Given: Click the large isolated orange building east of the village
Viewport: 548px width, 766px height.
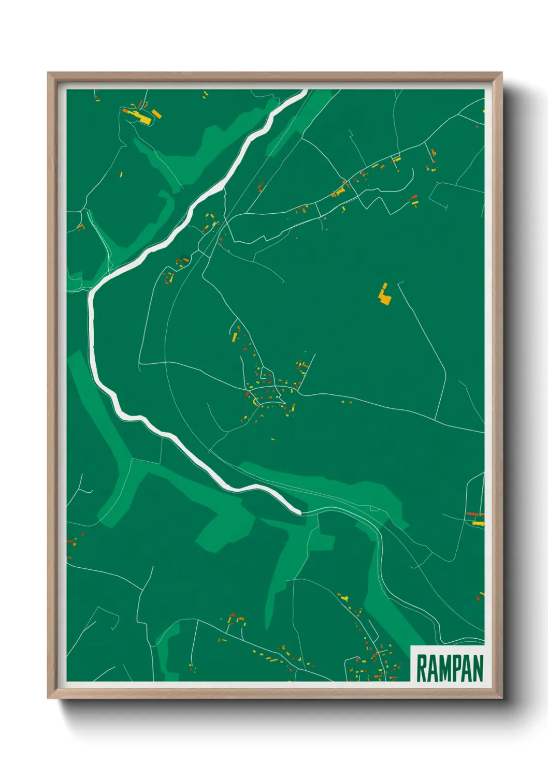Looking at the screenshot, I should coord(384,295).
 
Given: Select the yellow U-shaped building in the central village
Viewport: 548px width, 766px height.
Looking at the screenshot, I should coord(254,401).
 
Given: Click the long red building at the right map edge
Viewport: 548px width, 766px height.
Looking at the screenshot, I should coord(474,514).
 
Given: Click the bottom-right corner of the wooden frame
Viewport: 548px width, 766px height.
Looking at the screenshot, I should coord(501,698).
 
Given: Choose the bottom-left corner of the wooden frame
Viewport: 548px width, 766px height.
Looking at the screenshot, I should coord(49,698).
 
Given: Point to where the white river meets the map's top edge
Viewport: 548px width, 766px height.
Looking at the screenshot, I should coord(305,91).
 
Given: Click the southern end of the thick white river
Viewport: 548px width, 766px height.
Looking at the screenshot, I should coord(299,512).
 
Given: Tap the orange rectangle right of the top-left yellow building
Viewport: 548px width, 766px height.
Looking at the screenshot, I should coord(156,113).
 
